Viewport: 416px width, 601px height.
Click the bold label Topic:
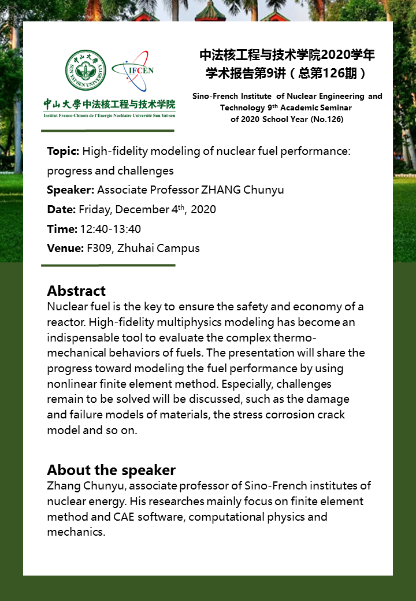tap(63, 151)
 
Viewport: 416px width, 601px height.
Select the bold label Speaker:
tap(70, 190)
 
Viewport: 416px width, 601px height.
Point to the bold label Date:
tap(61, 209)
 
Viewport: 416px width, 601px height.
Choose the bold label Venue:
tap(65, 248)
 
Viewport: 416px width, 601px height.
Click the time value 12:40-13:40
tap(110, 229)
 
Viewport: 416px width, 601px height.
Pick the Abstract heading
tap(76, 290)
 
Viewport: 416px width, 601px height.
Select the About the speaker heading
tap(111, 469)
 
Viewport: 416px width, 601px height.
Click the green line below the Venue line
tap(108, 265)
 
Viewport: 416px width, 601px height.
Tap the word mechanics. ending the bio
tap(76, 532)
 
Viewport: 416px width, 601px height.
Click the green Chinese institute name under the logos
tap(110, 105)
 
